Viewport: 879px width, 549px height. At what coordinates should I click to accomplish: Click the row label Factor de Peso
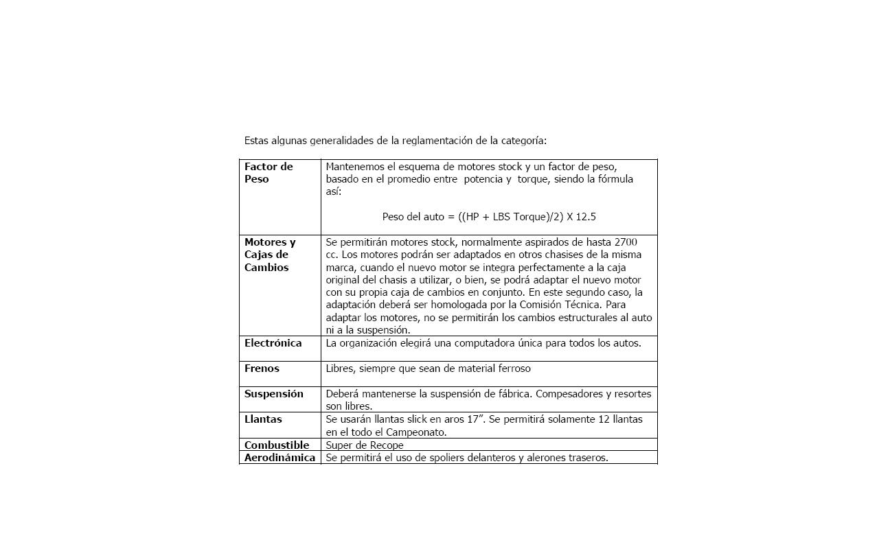[269, 173]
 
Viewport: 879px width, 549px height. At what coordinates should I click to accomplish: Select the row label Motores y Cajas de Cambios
[270, 255]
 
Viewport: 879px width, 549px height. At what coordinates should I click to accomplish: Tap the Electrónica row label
[273, 343]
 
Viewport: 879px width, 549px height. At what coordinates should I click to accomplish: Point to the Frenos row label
[262, 369]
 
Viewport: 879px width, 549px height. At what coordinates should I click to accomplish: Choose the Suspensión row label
[273, 394]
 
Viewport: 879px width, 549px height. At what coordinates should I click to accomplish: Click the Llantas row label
[263, 419]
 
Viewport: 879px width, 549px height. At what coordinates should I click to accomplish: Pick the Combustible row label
[277, 445]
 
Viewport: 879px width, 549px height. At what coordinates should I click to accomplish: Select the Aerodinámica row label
[279, 458]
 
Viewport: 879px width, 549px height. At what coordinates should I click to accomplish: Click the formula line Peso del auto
[488, 217]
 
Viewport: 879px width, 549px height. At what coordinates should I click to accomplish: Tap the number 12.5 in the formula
[585, 217]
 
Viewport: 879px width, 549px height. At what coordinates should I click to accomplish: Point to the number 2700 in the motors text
[626, 242]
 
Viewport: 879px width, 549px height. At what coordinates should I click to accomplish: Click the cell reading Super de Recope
[364, 445]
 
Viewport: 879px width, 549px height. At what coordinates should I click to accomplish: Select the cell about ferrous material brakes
[428, 369]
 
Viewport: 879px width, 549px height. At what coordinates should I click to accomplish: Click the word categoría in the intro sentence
[522, 141]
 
